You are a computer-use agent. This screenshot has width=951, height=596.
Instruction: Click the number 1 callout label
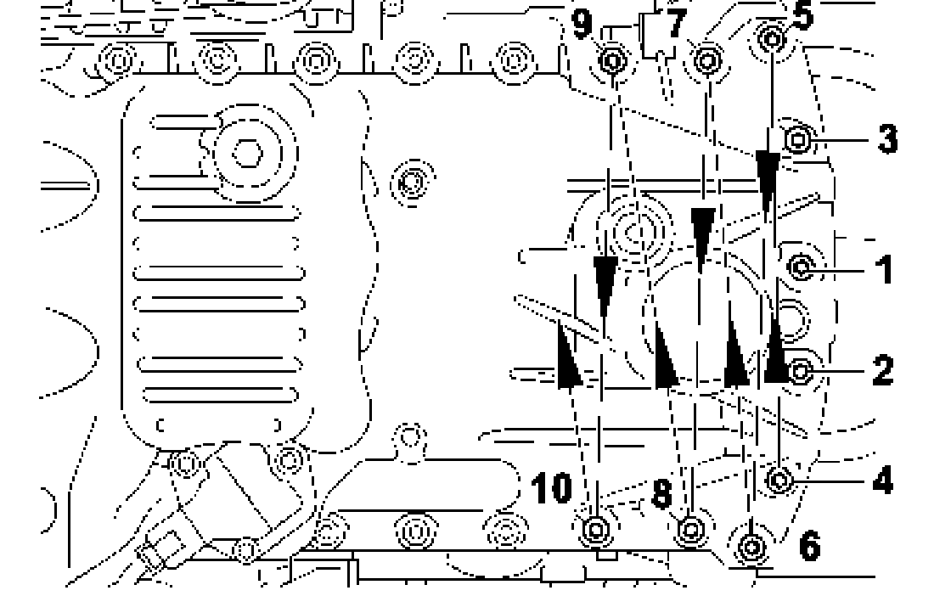(x=884, y=269)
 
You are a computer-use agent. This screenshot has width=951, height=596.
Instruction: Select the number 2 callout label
(x=882, y=370)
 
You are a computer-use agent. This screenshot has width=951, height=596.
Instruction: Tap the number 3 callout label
(x=886, y=138)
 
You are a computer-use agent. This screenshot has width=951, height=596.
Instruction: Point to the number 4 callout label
(x=882, y=481)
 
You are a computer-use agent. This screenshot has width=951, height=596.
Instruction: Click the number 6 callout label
(x=810, y=546)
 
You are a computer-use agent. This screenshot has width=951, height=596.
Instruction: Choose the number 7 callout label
(x=675, y=23)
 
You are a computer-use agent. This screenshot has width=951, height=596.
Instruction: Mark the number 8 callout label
(x=662, y=494)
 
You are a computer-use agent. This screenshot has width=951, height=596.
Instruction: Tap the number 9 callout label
(x=582, y=23)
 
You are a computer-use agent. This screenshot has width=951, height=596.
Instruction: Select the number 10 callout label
(x=551, y=488)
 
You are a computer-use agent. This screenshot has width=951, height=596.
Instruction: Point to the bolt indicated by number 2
(x=800, y=370)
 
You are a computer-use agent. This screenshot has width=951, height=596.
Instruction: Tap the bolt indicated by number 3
(x=798, y=138)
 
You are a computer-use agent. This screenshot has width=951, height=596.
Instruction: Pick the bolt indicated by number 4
(x=780, y=481)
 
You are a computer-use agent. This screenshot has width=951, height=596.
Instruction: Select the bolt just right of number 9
(x=613, y=60)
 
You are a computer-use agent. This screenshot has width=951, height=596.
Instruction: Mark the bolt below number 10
(x=596, y=530)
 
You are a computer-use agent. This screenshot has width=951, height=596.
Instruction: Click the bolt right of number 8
(x=692, y=529)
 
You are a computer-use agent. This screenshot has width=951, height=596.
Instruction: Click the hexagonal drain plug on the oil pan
(x=247, y=154)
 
